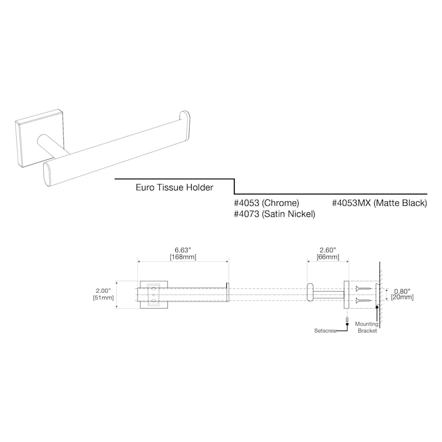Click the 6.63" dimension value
click(183, 249)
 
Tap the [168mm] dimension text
click(183, 257)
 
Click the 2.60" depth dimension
click(328, 249)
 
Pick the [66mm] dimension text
click(328, 257)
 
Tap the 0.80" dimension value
click(402, 290)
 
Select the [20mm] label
click(402, 297)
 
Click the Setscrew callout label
click(326, 331)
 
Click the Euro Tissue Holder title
click(174, 188)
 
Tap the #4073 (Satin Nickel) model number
click(275, 214)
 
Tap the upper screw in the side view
click(363, 289)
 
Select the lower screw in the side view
click(363, 300)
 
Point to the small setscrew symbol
click(347, 321)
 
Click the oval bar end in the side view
click(310, 295)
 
